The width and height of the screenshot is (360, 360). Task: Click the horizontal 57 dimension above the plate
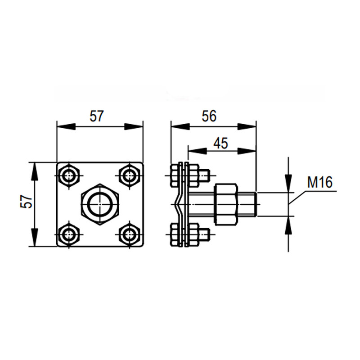coord(97,116)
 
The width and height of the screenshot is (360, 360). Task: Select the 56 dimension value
coord(209,116)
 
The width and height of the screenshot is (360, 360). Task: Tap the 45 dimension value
coord(220,143)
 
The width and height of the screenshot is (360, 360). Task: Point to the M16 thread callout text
coord(319,182)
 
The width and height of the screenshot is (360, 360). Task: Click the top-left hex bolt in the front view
coord(68,176)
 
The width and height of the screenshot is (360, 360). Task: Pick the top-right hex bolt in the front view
coord(129,176)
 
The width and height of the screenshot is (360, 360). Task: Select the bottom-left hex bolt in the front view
coord(68,234)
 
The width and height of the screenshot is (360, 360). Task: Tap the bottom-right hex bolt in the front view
coord(129,234)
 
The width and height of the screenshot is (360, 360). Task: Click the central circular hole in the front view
coord(100,204)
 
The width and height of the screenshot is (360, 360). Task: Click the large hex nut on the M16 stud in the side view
coord(226,204)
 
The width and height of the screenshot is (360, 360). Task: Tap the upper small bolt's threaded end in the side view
coord(204,175)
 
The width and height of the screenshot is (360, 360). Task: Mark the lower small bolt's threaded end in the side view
coord(204,234)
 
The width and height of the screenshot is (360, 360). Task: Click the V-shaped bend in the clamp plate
coord(177,204)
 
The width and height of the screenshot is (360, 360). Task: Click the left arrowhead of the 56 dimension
coord(180,126)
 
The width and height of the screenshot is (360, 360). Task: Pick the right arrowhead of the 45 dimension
coord(247,151)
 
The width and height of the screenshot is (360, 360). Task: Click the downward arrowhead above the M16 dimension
coord(288,184)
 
